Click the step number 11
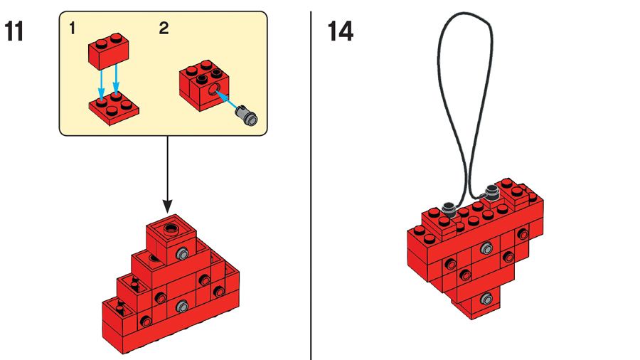pyautogui.click(x=16, y=32)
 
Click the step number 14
pyautogui.click(x=340, y=32)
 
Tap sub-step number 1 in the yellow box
pyautogui.click(x=73, y=29)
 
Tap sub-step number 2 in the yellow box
pyautogui.click(x=164, y=29)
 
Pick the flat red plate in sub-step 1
pyautogui.click(x=114, y=107)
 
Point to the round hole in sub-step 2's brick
pyautogui.click(x=212, y=91)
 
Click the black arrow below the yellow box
pyautogui.click(x=168, y=174)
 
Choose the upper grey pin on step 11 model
pyautogui.click(x=183, y=254)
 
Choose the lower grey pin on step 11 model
pyautogui.click(x=182, y=307)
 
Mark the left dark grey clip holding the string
pyautogui.click(x=448, y=209)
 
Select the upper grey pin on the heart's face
pyautogui.click(x=486, y=248)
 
